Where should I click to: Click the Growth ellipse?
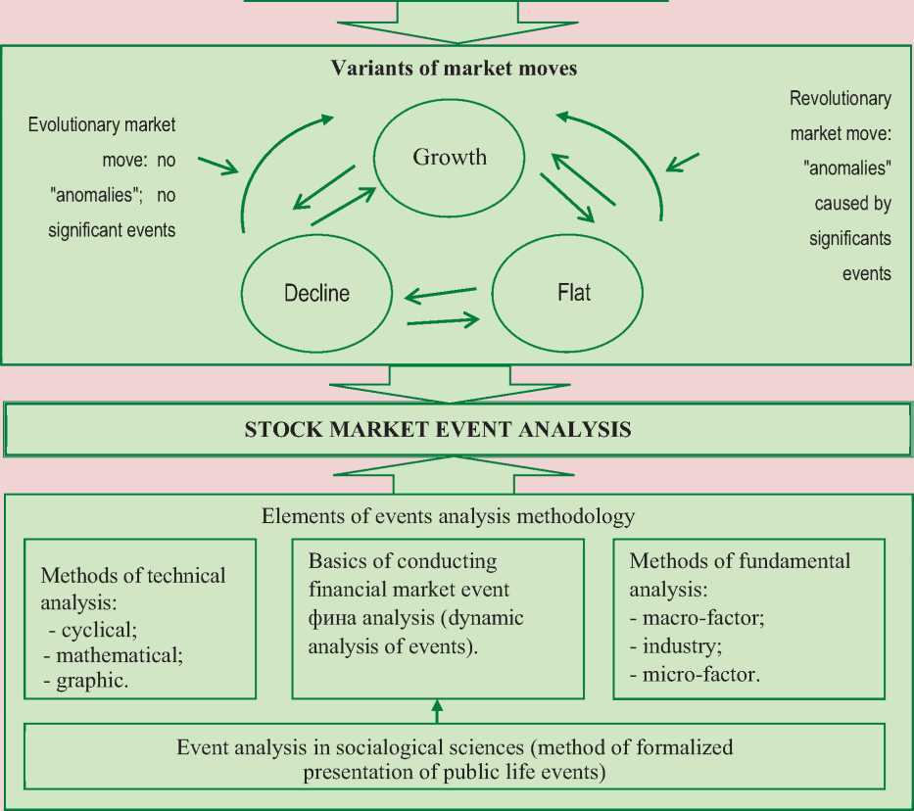(450, 157)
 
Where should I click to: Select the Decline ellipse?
(316, 292)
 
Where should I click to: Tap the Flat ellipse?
(568, 292)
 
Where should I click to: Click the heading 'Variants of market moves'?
(454, 69)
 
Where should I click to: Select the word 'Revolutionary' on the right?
(841, 98)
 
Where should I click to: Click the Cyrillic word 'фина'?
(330, 618)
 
